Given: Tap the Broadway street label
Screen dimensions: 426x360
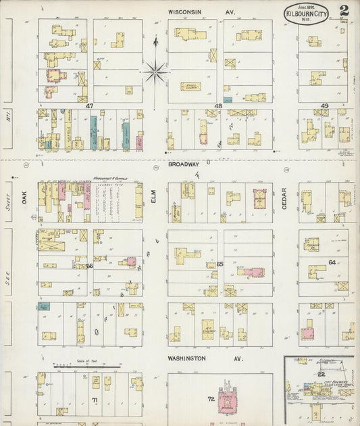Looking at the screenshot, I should click(x=184, y=164).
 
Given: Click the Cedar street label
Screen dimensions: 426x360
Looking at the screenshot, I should click(x=284, y=197).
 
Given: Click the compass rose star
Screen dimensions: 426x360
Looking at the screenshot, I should click(x=155, y=70).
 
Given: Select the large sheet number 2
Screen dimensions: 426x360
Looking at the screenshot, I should click(x=344, y=10).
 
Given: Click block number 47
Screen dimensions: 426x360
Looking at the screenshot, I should click(x=89, y=106).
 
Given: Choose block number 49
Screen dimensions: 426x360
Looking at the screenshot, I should click(x=324, y=106).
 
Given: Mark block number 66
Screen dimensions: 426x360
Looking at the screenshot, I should click(x=89, y=266).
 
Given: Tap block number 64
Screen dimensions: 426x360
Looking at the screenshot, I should click(x=332, y=262).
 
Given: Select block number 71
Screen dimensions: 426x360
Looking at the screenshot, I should click(x=95, y=401).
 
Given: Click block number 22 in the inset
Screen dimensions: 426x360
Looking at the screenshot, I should click(x=322, y=374).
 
